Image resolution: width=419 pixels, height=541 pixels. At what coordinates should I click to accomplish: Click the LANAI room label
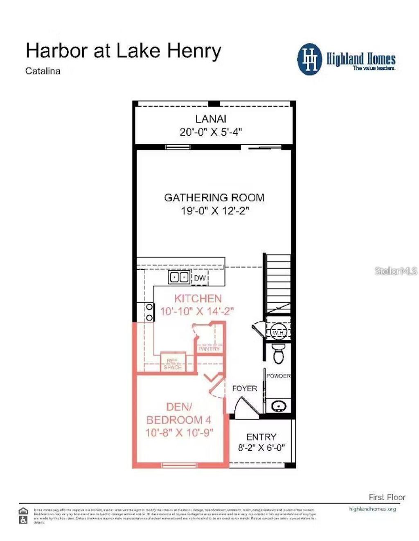coord(211,119)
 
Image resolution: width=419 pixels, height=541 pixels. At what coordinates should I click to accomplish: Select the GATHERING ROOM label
coord(214,198)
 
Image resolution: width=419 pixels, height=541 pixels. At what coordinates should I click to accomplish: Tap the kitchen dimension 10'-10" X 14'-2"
coord(197,311)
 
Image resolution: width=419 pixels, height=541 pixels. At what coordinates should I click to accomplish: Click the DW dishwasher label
coord(200,278)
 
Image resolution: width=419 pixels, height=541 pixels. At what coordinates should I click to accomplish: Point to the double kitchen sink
coord(179,277)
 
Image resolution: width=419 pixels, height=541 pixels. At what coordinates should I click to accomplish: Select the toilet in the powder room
coord(278,353)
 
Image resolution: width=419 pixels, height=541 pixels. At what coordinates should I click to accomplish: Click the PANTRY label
coord(209,349)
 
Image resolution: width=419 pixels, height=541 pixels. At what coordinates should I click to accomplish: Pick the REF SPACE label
coord(173,364)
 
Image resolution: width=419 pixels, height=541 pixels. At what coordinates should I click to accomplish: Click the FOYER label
coord(244,388)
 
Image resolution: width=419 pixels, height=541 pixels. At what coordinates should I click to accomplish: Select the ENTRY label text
coord(261,437)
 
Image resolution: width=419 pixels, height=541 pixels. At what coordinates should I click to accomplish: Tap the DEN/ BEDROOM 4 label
coord(179,413)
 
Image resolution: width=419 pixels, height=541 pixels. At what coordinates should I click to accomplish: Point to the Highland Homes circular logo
coord(310,59)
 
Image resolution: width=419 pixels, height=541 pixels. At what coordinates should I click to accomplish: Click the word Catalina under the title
coord(43,71)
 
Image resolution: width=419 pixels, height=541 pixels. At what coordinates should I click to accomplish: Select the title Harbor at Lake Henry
coord(123,51)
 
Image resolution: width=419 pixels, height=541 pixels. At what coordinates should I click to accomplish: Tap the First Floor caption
coord(387,497)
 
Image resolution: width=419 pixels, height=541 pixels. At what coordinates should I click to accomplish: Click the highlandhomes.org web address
coord(372,509)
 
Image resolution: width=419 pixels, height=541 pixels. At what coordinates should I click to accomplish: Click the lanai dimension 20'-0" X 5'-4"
coord(211,132)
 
